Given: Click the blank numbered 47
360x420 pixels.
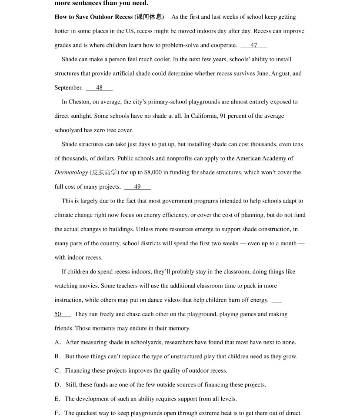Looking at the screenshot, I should pyautogui.click(x=254, y=45).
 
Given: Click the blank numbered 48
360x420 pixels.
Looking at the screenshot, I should pyautogui.click(x=99, y=88).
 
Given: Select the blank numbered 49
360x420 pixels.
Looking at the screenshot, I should pyautogui.click(x=137, y=187).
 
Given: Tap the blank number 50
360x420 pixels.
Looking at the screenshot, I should pyautogui.click(x=58, y=314).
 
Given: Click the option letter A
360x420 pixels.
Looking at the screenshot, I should pyautogui.click(x=57, y=343).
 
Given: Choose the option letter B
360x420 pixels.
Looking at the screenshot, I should pyautogui.click(x=57, y=357).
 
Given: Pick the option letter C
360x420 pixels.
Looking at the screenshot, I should pyautogui.click(x=57, y=371).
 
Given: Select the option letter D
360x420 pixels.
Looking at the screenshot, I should pyautogui.click(x=57, y=385).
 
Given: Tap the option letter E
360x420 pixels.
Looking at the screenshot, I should pyautogui.click(x=57, y=399).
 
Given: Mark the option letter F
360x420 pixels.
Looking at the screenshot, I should pyautogui.click(x=57, y=413).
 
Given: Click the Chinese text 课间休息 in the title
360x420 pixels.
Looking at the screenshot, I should pyautogui.click(x=150, y=17).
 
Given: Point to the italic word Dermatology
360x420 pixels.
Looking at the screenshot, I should pyautogui.click(x=71, y=173).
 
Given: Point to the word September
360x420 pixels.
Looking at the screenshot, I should pyautogui.click(x=68, y=88).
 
